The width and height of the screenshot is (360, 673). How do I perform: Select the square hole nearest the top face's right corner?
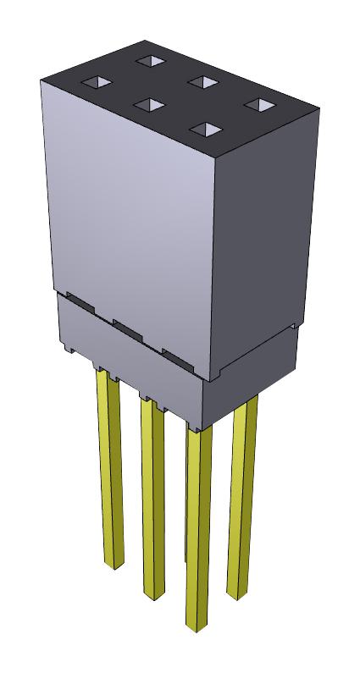click(x=261, y=106)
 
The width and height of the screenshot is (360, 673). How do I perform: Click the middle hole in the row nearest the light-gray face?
click(x=149, y=105)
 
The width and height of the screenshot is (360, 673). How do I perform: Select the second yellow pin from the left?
click(x=152, y=499)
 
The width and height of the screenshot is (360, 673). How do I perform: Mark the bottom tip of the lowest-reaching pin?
click(x=197, y=627)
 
